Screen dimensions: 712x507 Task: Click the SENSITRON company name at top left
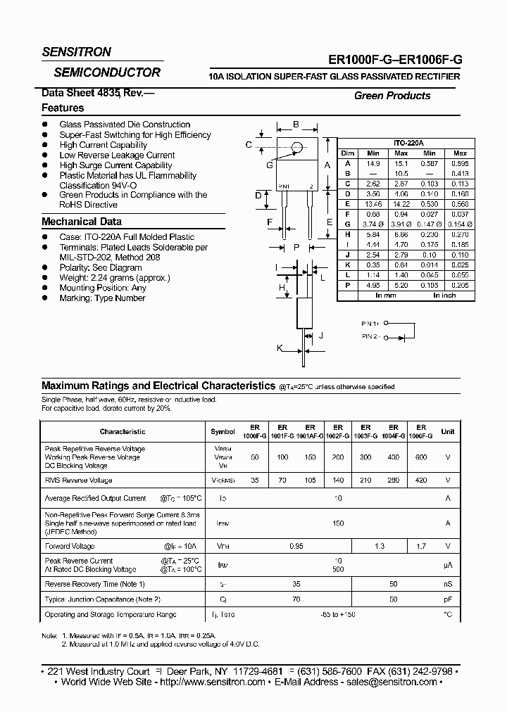(x=77, y=52)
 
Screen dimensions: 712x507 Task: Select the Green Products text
(x=392, y=96)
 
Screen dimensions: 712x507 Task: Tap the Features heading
(x=63, y=108)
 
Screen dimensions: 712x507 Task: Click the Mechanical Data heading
(x=82, y=222)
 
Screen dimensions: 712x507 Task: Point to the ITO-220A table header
(x=408, y=143)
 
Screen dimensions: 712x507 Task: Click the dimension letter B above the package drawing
(x=296, y=125)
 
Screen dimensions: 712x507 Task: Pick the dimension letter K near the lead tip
(x=280, y=348)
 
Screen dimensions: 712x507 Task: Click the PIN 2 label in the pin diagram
(x=371, y=337)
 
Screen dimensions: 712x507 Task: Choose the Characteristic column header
(x=123, y=431)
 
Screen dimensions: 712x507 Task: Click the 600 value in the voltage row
(x=420, y=457)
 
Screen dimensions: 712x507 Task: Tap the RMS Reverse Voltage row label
(x=78, y=481)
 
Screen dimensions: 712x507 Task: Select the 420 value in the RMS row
(x=420, y=481)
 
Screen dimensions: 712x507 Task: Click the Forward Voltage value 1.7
(x=420, y=546)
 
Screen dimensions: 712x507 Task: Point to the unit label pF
(x=447, y=599)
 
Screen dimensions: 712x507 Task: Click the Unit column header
(x=448, y=431)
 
